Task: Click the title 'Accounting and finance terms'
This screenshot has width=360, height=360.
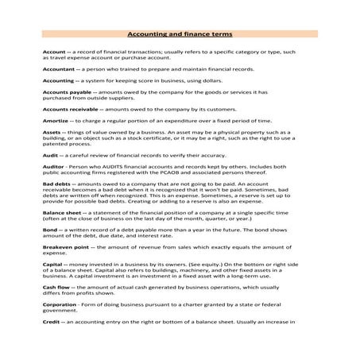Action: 179,36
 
